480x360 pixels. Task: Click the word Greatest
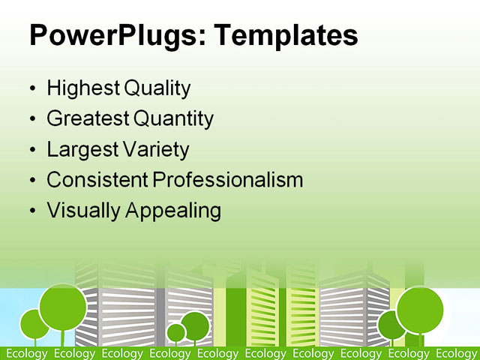click(x=88, y=118)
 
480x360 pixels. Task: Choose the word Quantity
click(x=174, y=118)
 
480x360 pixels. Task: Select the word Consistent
click(x=97, y=180)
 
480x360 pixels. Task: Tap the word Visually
click(x=83, y=211)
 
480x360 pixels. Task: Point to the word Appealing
click(x=173, y=211)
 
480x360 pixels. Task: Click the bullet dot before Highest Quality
click(x=31, y=89)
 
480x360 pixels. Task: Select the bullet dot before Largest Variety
click(x=31, y=150)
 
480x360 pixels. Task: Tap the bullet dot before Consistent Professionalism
click(x=31, y=181)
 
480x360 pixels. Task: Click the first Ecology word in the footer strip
click(x=26, y=353)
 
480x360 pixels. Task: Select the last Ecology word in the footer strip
click(x=456, y=353)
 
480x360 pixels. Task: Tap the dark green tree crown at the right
click(x=390, y=325)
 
